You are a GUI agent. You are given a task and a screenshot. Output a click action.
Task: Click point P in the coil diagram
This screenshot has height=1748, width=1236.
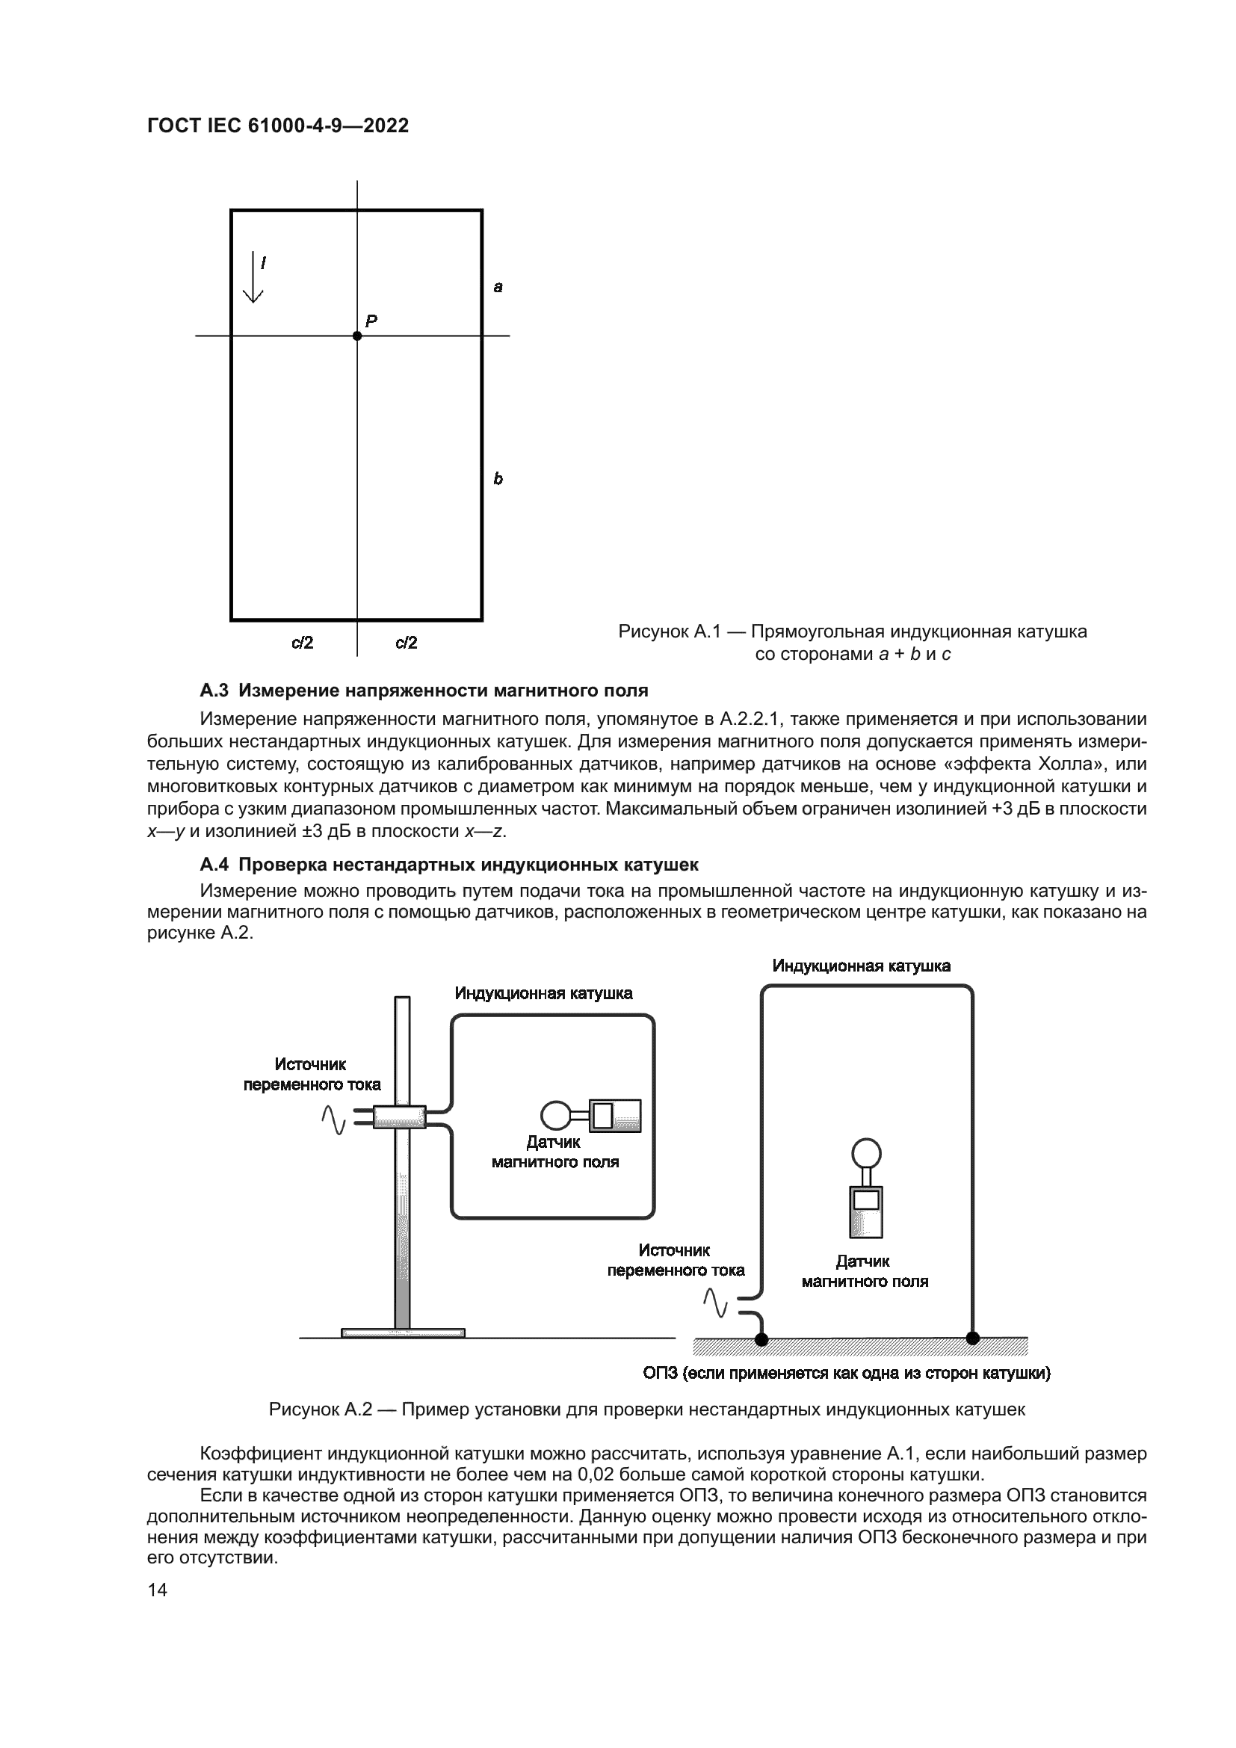(357, 336)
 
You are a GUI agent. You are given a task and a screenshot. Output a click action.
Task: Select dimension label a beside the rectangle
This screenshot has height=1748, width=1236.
(498, 287)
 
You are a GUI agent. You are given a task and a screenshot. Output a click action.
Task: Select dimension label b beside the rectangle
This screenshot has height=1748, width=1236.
(498, 479)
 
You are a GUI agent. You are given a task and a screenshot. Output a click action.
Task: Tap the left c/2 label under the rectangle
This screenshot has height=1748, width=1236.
(302, 643)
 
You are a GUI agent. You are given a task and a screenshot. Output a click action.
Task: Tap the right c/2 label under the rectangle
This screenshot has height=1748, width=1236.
(407, 643)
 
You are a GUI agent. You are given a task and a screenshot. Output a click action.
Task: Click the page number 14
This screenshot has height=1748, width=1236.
(158, 1590)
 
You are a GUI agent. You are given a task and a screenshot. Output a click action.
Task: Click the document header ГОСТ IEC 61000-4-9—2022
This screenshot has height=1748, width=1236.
(278, 126)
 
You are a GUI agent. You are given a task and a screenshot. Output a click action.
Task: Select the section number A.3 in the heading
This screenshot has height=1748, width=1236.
(214, 691)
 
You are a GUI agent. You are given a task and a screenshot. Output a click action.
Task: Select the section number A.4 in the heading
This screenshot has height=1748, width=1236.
(214, 865)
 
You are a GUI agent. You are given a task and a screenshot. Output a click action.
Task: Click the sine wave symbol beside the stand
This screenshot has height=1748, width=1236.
(333, 1119)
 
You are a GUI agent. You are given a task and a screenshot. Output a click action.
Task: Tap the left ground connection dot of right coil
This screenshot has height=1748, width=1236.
(761, 1339)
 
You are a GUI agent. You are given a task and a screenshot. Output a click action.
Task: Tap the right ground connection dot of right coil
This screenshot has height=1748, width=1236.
(973, 1338)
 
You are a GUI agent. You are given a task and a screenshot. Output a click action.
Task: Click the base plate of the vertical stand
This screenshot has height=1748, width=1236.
(403, 1332)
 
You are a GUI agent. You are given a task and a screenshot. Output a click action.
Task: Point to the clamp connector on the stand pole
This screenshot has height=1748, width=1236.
(399, 1117)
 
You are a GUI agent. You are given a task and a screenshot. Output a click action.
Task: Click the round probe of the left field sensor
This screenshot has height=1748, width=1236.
(554, 1116)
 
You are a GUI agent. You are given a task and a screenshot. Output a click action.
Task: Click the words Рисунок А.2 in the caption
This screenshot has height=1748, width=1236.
(321, 1409)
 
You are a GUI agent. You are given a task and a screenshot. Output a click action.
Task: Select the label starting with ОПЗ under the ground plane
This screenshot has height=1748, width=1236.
(847, 1373)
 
